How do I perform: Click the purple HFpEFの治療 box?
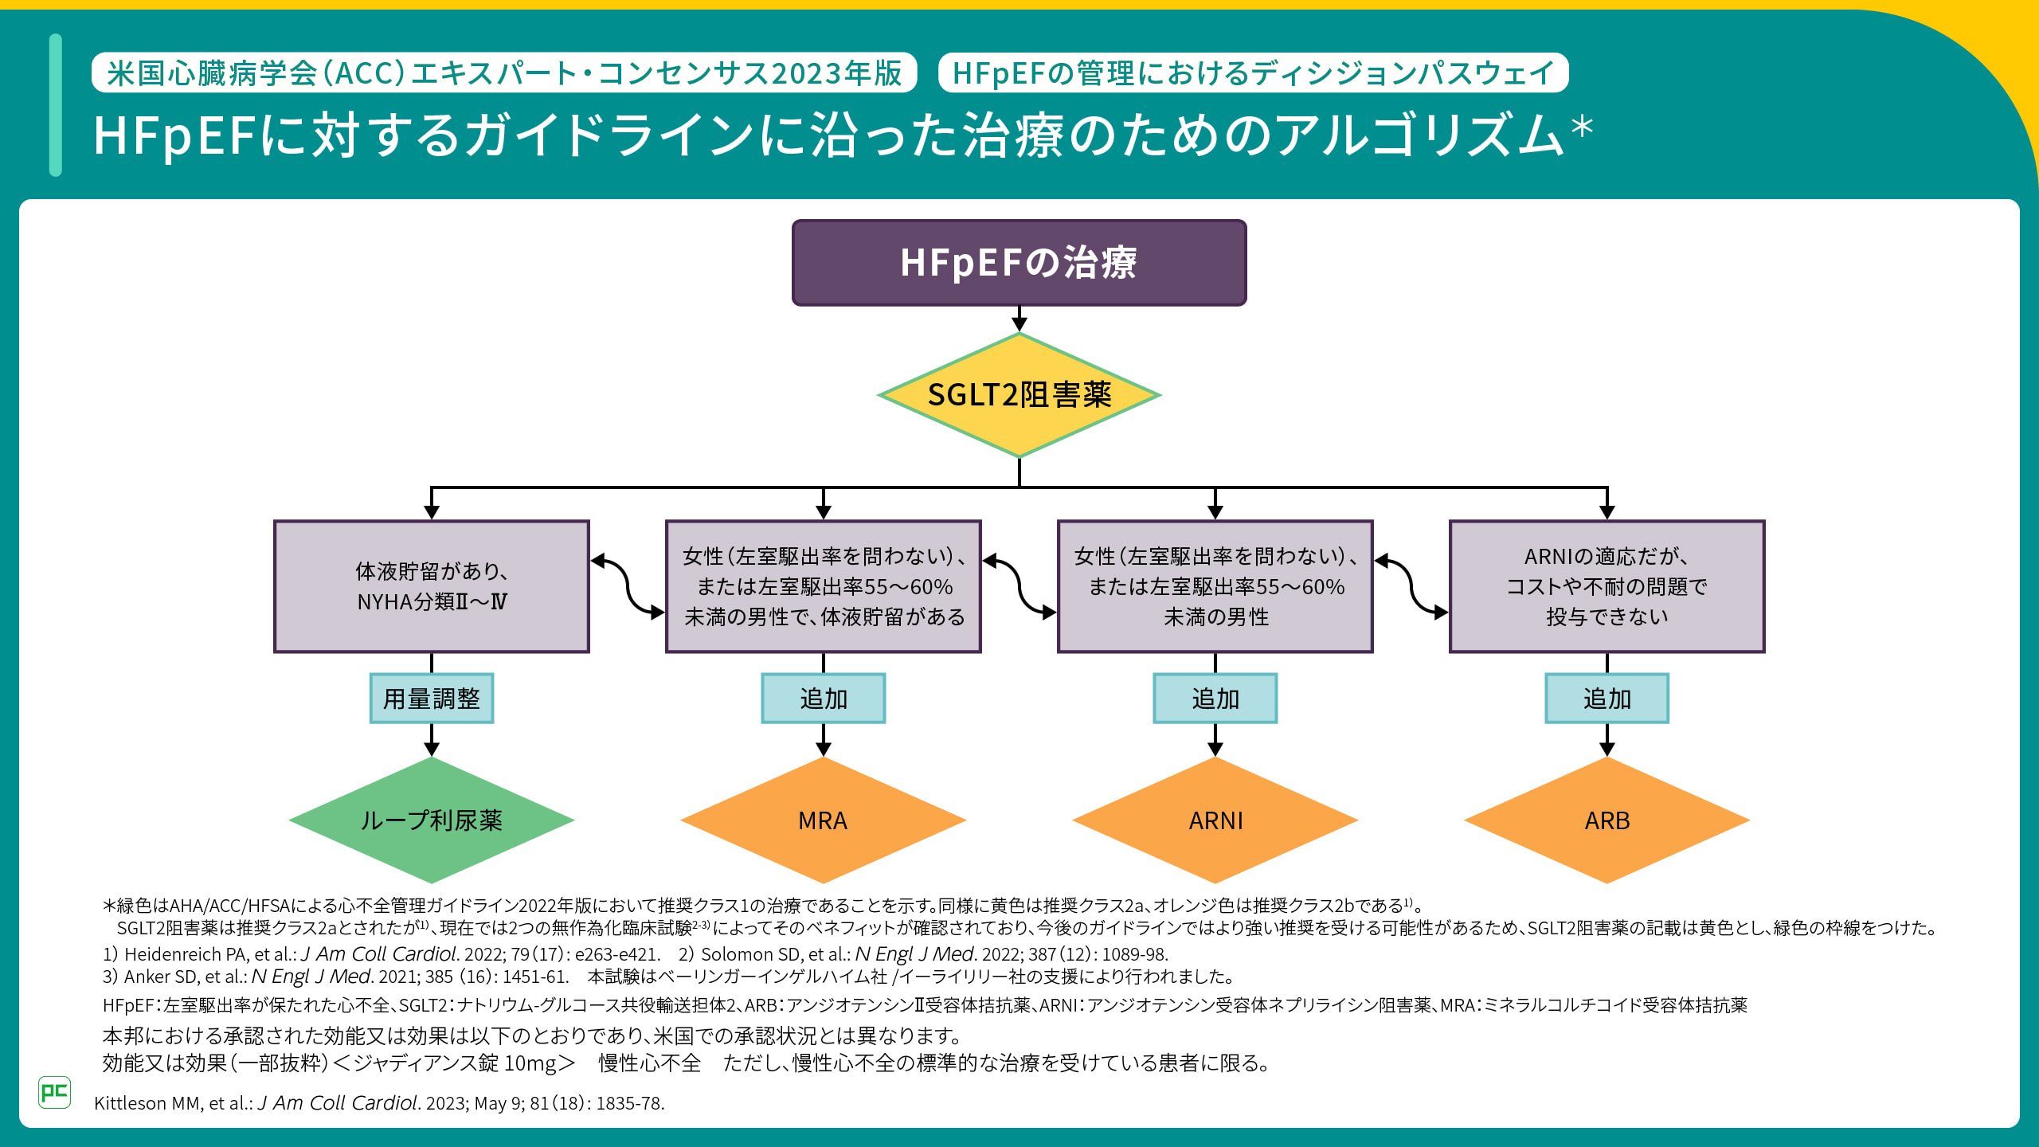click(x=1019, y=263)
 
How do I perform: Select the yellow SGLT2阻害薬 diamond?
click(x=1019, y=395)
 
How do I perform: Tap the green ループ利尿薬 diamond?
click(x=431, y=820)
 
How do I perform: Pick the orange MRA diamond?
click(x=823, y=820)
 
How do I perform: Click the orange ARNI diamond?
click(x=1215, y=820)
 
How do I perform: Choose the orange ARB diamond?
click(x=1607, y=820)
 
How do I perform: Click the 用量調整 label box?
click(x=431, y=699)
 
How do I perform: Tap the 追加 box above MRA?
click(x=823, y=699)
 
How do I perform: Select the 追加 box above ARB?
click(x=1607, y=699)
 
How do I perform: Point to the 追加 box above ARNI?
click(x=1215, y=699)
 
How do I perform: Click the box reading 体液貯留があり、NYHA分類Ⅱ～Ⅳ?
click(x=431, y=586)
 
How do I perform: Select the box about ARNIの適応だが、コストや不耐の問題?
click(x=1607, y=586)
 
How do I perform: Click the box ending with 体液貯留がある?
click(x=823, y=586)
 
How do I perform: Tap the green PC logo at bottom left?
click(x=54, y=1092)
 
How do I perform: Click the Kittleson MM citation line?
click(x=379, y=1103)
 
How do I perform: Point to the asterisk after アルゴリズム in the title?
click(x=1582, y=128)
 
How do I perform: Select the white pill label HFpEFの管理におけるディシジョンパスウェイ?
click(x=1253, y=73)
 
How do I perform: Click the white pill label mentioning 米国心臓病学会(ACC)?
click(x=504, y=73)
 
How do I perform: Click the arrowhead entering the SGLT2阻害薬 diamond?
click(x=1019, y=324)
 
